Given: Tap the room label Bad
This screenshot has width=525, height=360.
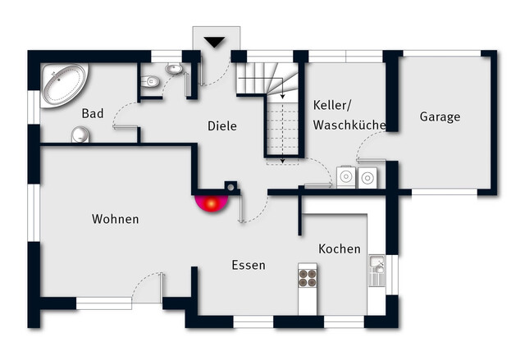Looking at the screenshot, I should pyautogui.click(x=93, y=114).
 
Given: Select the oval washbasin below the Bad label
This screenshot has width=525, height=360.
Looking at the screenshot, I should pyautogui.click(x=80, y=134).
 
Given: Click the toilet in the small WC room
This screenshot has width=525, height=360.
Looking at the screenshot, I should pyautogui.click(x=150, y=81).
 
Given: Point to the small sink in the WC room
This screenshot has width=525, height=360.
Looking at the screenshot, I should pyautogui.click(x=174, y=70).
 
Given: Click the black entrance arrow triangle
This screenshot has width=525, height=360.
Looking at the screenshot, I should pyautogui.click(x=214, y=42).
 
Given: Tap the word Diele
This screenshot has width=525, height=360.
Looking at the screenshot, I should pyautogui.click(x=221, y=126).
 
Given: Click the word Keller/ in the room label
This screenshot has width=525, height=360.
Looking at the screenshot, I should pyautogui.click(x=331, y=105).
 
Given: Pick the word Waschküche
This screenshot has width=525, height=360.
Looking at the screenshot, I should pyautogui.click(x=349, y=125).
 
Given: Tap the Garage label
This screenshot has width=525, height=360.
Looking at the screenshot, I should pyautogui.click(x=440, y=116).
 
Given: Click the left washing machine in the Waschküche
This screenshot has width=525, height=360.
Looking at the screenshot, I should pyautogui.click(x=346, y=176).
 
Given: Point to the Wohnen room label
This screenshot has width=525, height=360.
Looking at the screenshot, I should pyautogui.click(x=115, y=219).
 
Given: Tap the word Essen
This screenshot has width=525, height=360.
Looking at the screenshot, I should pyautogui.click(x=248, y=265).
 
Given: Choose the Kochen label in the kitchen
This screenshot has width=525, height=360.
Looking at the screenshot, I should pyautogui.click(x=340, y=248).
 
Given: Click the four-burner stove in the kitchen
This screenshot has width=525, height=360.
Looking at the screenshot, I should pyautogui.click(x=308, y=276).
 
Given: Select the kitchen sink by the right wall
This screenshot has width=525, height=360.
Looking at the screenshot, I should pyautogui.click(x=377, y=271).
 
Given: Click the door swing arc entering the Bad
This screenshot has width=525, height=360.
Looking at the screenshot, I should pyautogui.click(x=123, y=114).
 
